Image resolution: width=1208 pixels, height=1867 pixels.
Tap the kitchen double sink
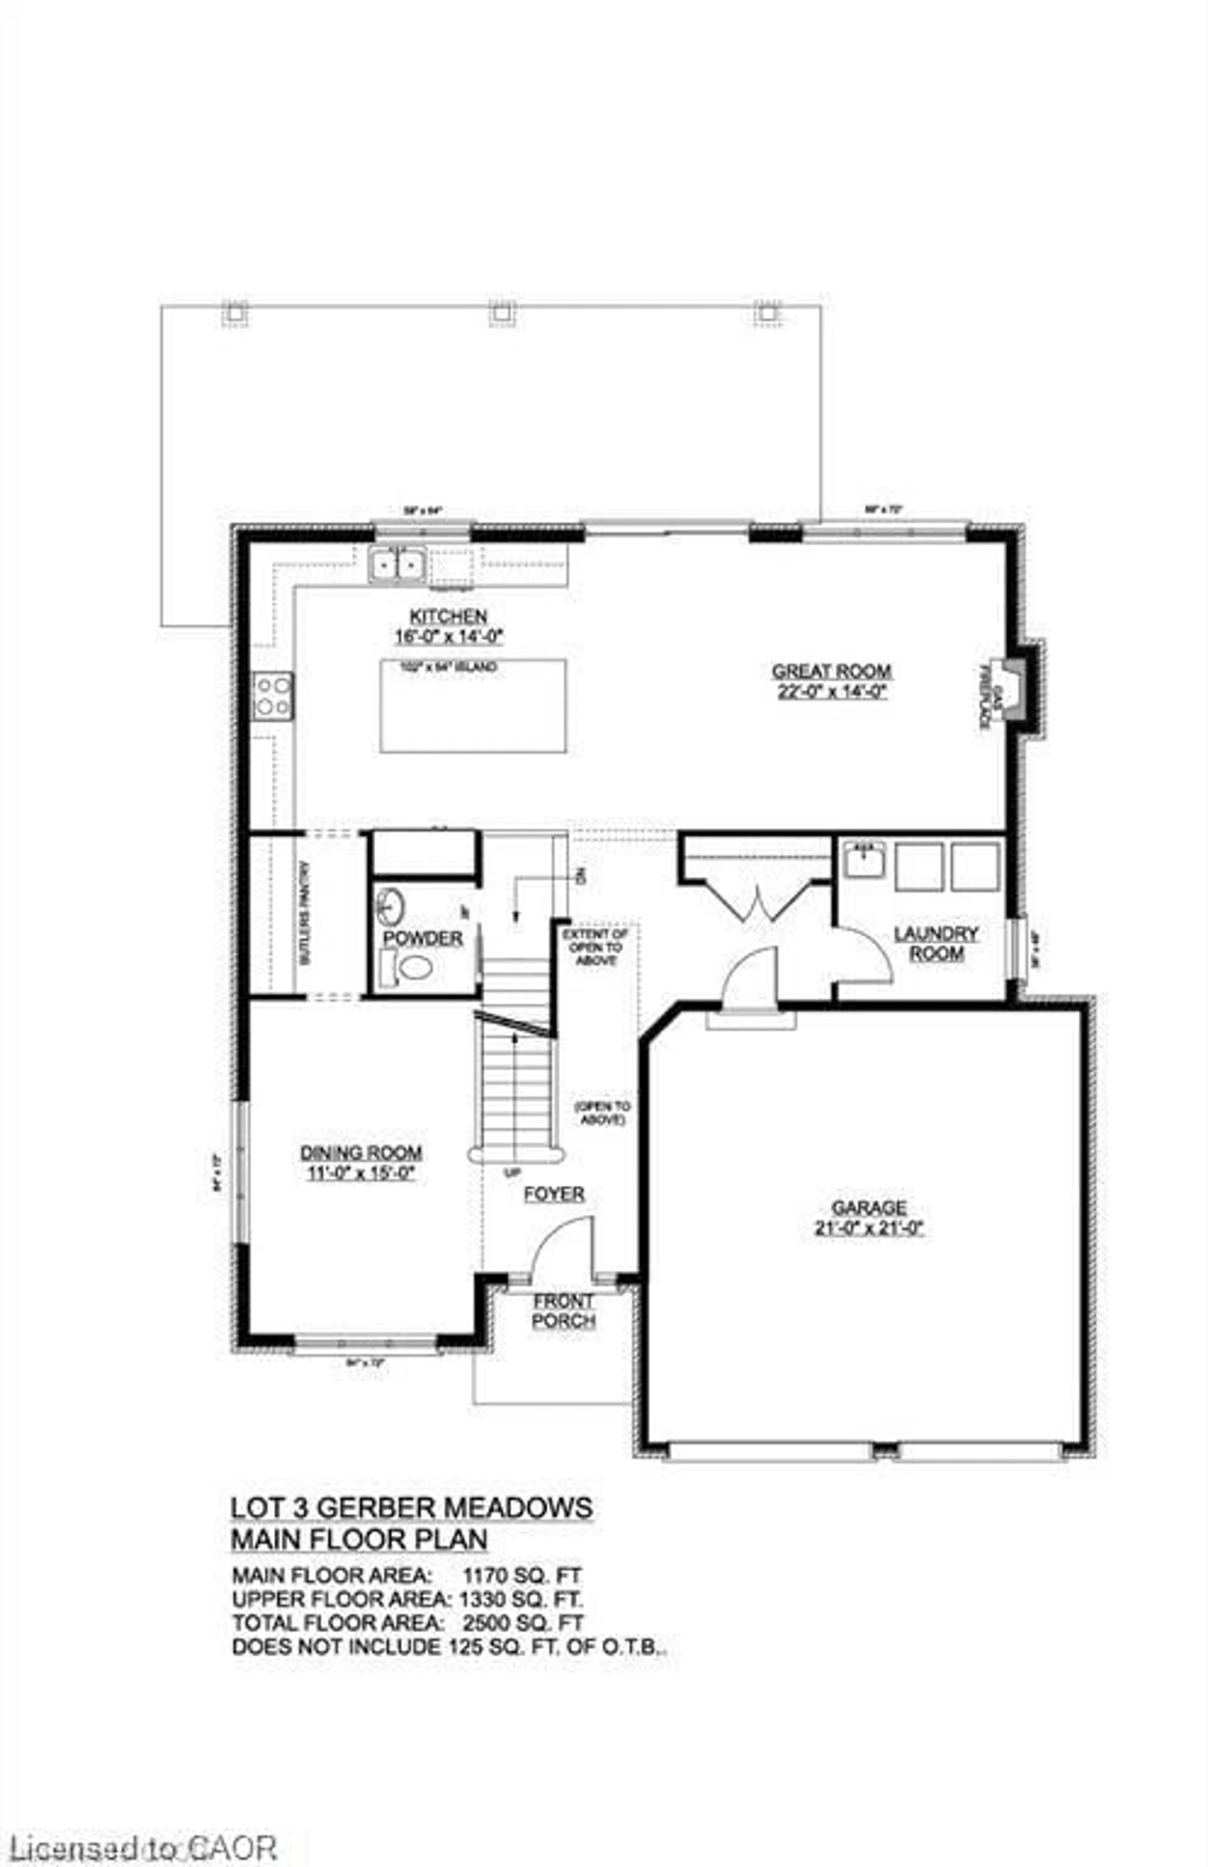coord(397,565)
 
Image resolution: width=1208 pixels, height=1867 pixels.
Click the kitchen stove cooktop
coord(272,696)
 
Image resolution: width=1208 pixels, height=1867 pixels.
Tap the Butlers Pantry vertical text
coord(306,914)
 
